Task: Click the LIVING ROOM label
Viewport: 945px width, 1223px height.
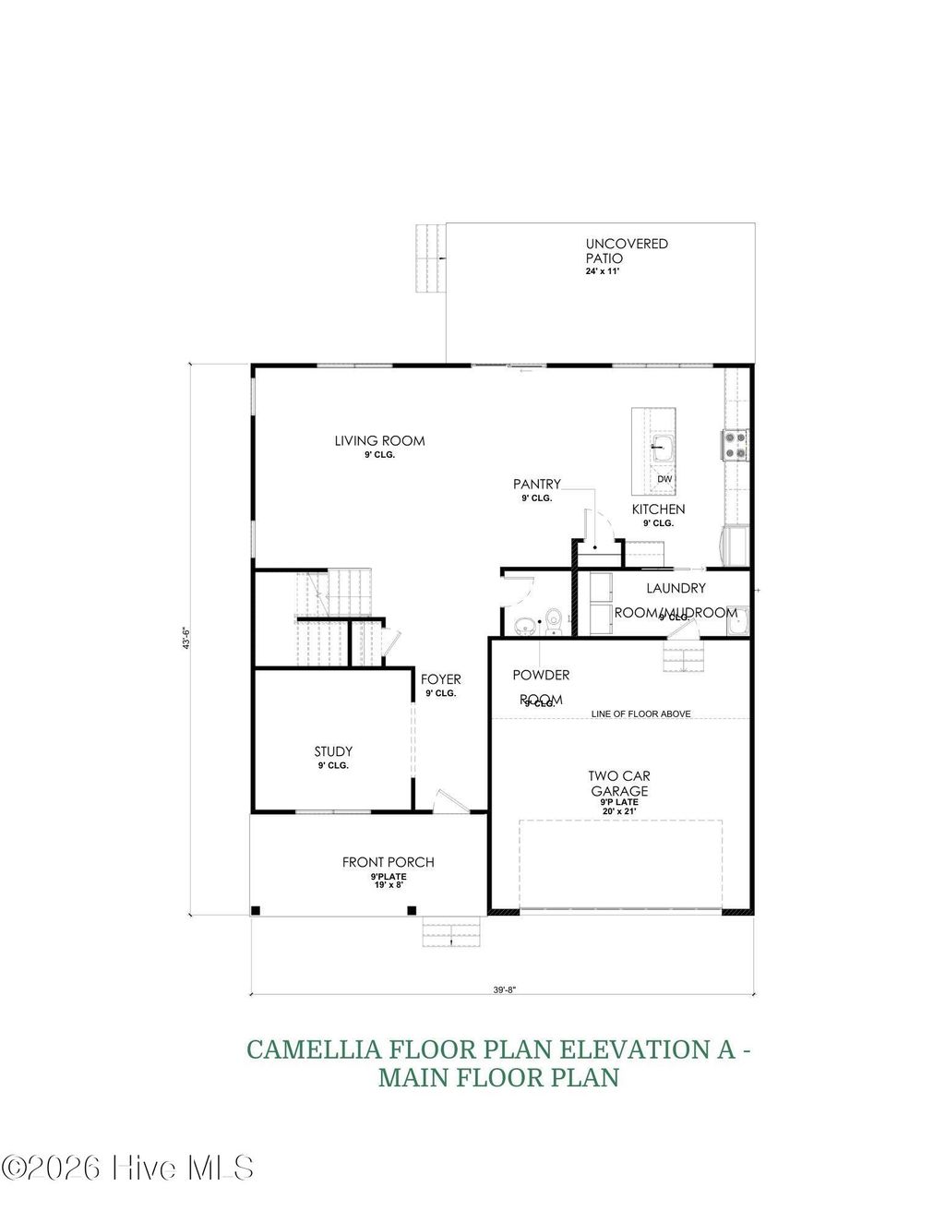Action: coord(379,441)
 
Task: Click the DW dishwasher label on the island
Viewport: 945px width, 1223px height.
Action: coord(664,480)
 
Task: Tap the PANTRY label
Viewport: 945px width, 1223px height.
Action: coord(536,485)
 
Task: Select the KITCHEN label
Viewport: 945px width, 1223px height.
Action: coord(658,510)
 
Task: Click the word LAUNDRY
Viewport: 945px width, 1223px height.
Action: coord(676,588)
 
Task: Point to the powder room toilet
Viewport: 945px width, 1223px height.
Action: coord(553,621)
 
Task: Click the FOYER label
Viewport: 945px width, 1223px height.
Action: coord(441,680)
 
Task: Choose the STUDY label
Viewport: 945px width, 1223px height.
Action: coord(332,752)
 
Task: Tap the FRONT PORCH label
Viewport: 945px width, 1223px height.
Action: coord(388,863)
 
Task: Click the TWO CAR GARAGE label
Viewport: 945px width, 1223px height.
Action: coord(619,784)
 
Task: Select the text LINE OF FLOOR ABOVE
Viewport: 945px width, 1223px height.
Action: coord(640,713)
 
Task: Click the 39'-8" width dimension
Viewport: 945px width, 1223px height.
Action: coord(504,989)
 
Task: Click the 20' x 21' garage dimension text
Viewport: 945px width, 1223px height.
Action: coord(619,811)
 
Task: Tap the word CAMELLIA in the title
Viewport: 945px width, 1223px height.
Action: coord(314,1049)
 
